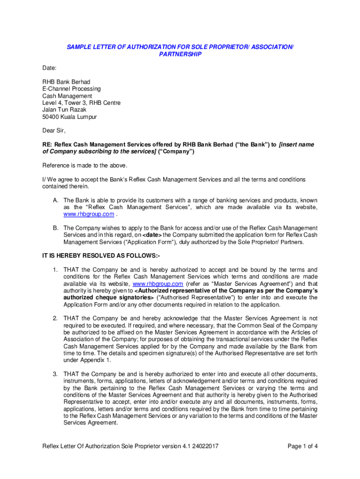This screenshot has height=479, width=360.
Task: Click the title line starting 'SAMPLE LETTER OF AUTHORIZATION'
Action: [180, 47]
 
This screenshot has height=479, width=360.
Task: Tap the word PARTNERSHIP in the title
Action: [180, 54]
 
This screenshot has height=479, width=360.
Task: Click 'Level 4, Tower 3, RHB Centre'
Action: [81, 103]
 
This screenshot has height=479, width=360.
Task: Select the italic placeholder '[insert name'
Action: [296, 145]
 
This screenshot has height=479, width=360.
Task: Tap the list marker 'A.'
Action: [55, 200]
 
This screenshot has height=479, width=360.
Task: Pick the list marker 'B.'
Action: [55, 228]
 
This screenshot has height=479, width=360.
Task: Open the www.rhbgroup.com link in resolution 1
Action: [158, 284]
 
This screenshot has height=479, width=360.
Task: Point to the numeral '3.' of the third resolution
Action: [55, 374]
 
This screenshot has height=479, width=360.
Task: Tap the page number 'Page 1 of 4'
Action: [302, 446]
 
